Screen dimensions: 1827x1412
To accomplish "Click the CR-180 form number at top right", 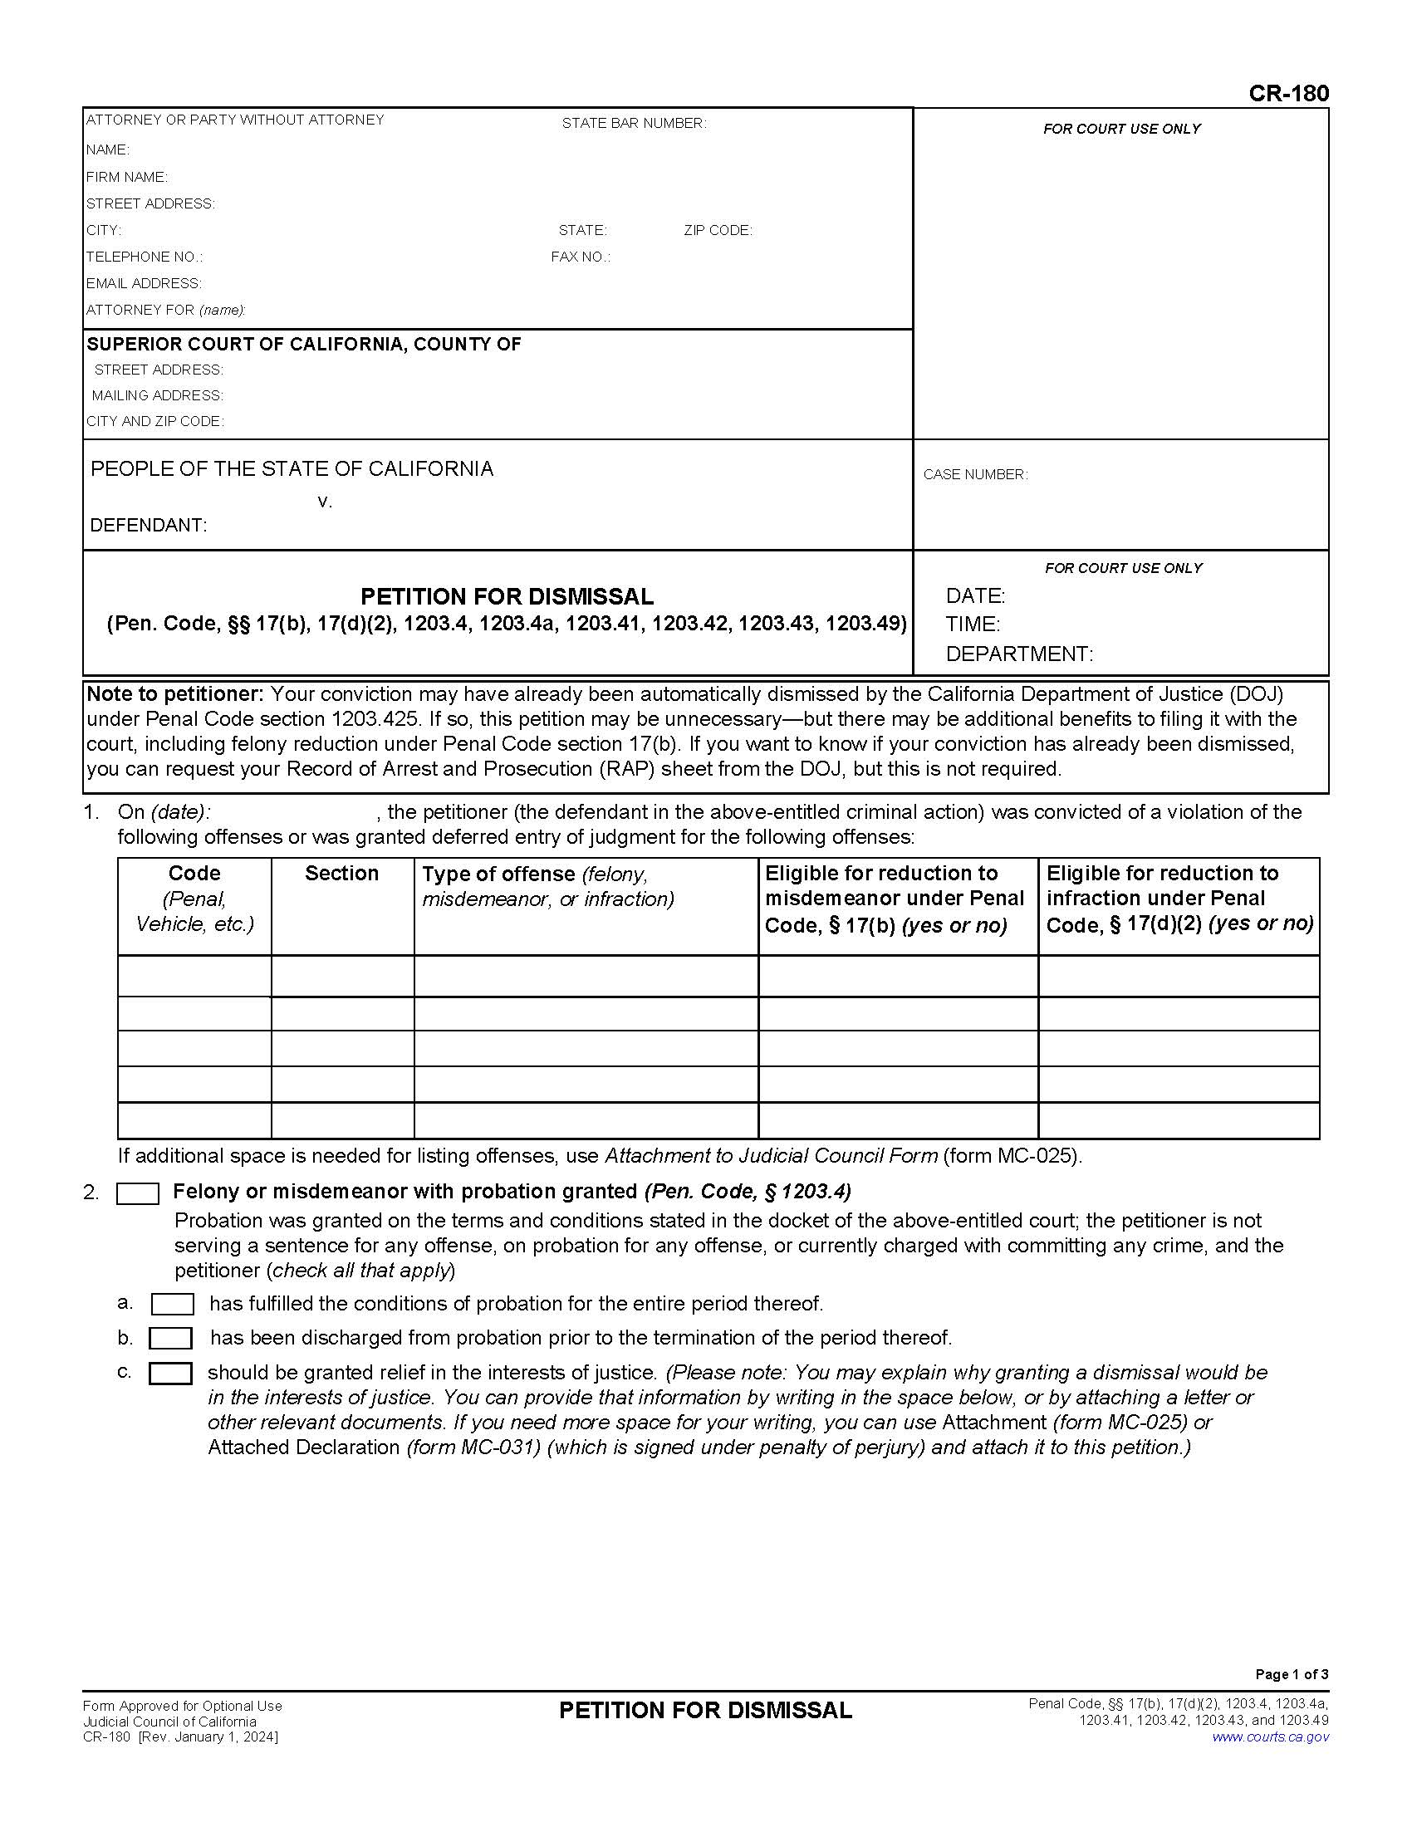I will pyautogui.click(x=1287, y=93).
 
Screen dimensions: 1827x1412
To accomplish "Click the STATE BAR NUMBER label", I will pyautogui.click(x=633, y=123).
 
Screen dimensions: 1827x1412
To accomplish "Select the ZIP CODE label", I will pyautogui.click(x=718, y=230).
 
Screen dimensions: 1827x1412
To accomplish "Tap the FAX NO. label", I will pyautogui.click(x=580, y=257).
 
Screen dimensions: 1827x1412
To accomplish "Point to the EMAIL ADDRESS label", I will pyautogui.click(x=143, y=283).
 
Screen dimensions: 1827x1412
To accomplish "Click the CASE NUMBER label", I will pyautogui.click(x=974, y=474).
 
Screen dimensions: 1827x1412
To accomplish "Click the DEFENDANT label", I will pyautogui.click(x=148, y=526).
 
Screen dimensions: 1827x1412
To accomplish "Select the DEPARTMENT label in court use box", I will pyautogui.click(x=1019, y=654).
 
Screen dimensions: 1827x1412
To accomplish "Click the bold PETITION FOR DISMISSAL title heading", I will pyautogui.click(x=507, y=596).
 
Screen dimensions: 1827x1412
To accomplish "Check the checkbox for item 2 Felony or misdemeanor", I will pyautogui.click(x=137, y=1193).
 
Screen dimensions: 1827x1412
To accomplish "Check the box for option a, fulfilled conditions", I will pyautogui.click(x=172, y=1304).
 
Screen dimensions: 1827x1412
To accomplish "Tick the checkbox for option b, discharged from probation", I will pyautogui.click(x=170, y=1339).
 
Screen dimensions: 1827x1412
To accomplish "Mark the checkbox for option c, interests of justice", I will pyautogui.click(x=170, y=1374).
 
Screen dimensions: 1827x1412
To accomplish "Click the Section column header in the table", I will pyautogui.click(x=341, y=874).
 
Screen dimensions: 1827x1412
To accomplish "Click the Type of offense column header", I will pyautogui.click(x=498, y=874).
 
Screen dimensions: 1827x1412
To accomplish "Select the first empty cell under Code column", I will pyautogui.click(x=194, y=976).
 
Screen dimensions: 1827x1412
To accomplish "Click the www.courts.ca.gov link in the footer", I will pyautogui.click(x=1270, y=1736).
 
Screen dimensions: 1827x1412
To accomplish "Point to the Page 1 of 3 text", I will pyautogui.click(x=1291, y=1674).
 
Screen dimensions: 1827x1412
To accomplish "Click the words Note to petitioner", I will pyautogui.click(x=174, y=694).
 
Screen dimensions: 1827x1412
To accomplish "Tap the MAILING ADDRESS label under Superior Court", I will pyautogui.click(x=157, y=395).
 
